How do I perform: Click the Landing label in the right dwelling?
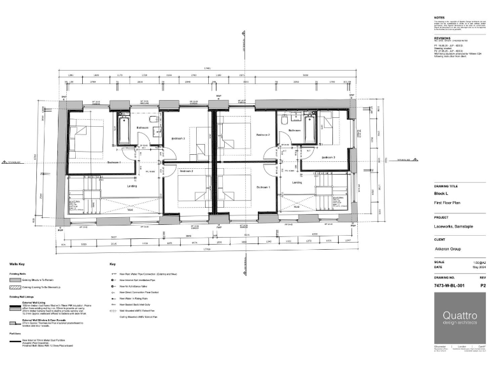[297, 183]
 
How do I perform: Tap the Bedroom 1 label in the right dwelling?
[264, 187]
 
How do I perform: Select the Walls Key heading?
[17, 263]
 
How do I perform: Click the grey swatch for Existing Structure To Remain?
[14, 280]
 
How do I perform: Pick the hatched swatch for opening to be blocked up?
[14, 288]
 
